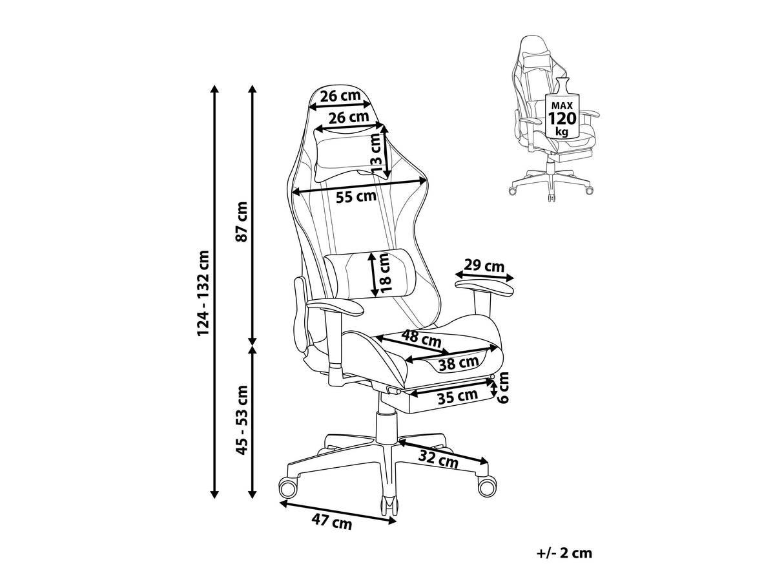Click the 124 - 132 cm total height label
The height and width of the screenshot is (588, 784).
[x=203, y=293]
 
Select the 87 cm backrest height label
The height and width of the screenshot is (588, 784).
[x=242, y=222]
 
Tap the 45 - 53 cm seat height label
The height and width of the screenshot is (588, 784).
[x=242, y=420]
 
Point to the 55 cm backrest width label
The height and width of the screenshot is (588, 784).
[x=356, y=196]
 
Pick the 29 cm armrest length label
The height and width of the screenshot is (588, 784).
[x=484, y=266]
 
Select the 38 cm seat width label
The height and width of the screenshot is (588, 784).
[x=459, y=363]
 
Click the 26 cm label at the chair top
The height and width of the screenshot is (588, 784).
[x=340, y=96]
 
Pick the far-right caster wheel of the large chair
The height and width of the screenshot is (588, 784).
[x=486, y=487]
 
